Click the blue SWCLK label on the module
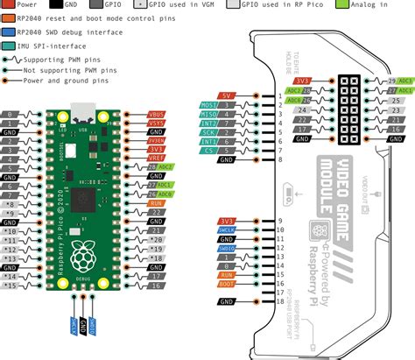click(x=226, y=231)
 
